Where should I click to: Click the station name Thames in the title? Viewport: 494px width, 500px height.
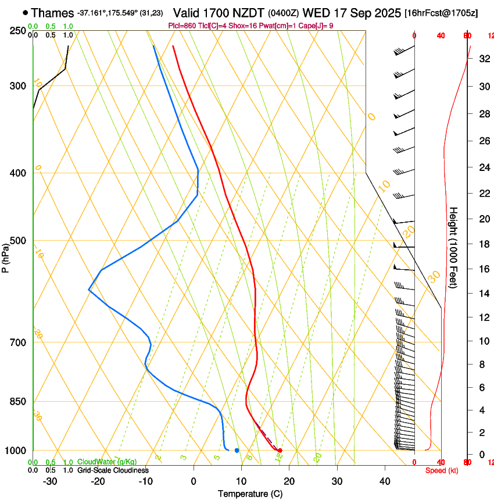click(52, 12)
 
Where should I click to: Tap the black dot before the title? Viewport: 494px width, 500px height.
click(25, 12)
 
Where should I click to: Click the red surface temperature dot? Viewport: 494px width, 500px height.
click(280, 451)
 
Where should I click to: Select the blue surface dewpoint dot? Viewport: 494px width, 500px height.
click(237, 451)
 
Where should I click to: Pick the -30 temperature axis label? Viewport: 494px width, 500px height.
click(50, 481)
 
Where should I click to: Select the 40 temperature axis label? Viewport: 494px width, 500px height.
click(385, 481)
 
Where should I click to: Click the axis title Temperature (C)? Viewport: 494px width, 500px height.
click(250, 494)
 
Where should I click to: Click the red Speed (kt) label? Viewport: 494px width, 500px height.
click(442, 470)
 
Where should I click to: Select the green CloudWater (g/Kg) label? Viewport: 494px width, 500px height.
click(107, 462)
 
